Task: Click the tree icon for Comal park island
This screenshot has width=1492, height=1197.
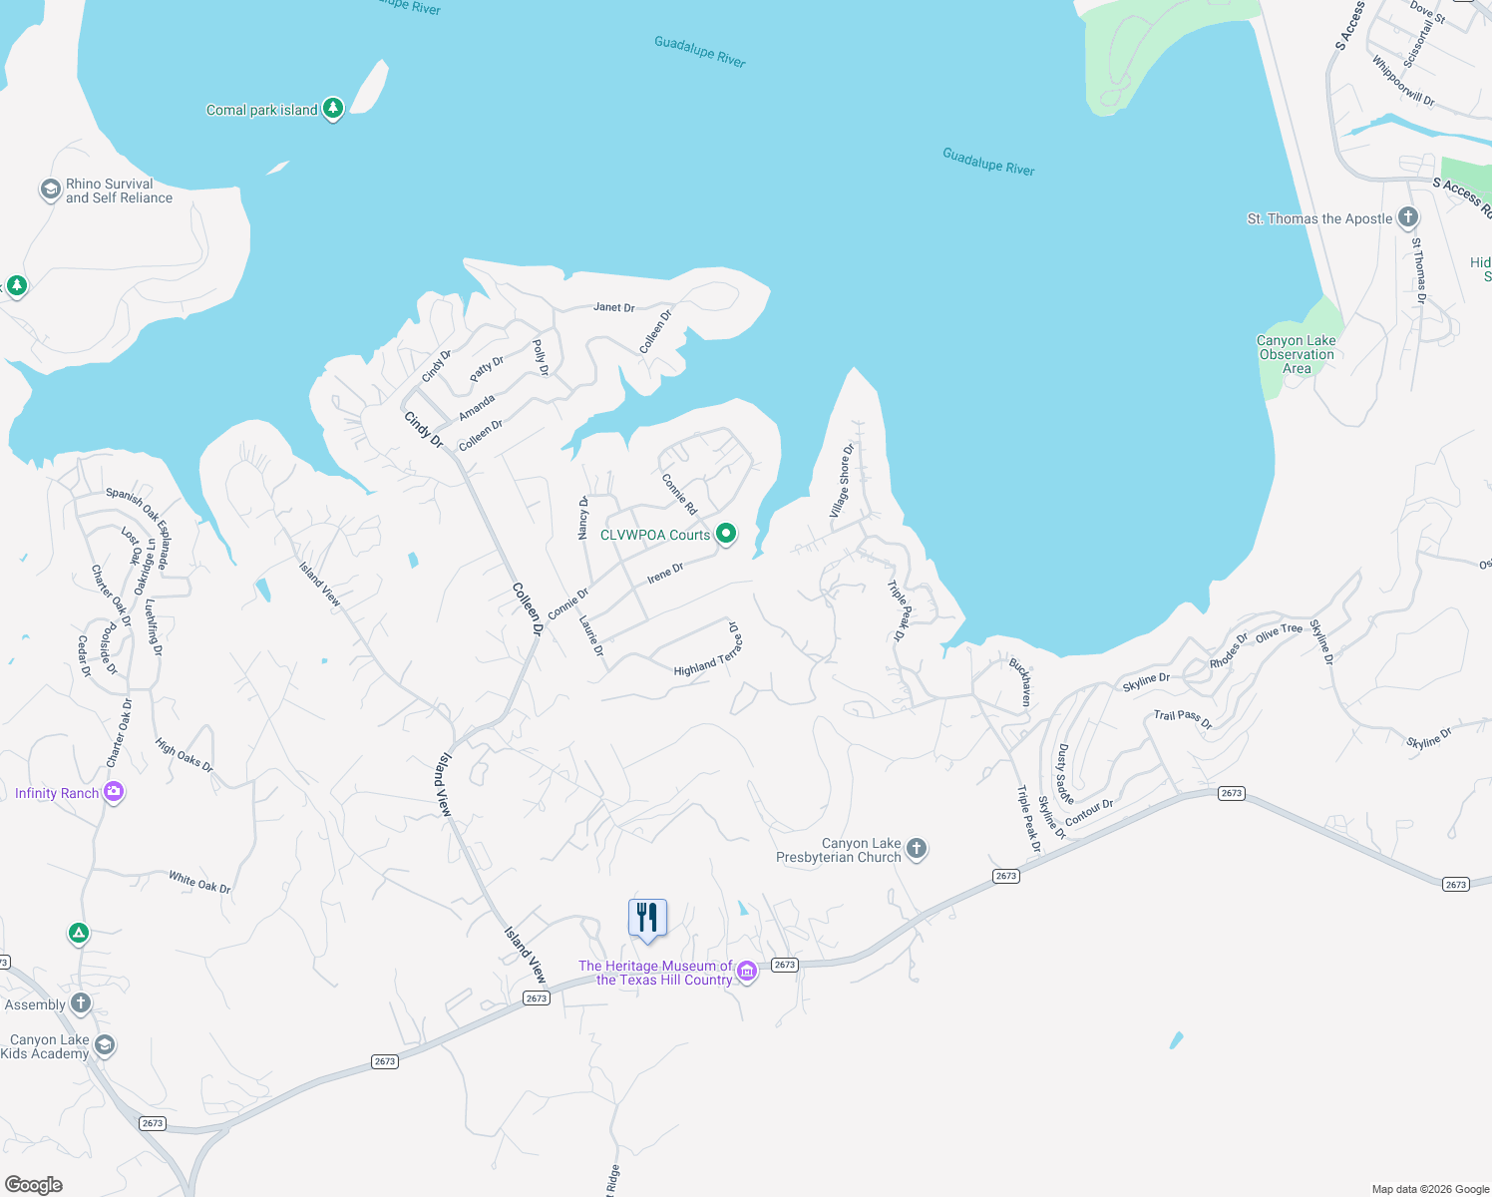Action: pos(333,109)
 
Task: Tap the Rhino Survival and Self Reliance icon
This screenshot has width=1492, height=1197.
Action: pos(50,190)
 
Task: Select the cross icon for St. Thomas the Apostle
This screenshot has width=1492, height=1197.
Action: pos(1407,217)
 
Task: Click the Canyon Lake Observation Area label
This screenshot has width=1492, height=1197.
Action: pos(1296,354)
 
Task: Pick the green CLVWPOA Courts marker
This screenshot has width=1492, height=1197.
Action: pos(726,534)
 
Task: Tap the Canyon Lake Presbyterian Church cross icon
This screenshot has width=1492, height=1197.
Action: pos(917,849)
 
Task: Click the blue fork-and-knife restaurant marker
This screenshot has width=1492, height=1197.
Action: pos(647,918)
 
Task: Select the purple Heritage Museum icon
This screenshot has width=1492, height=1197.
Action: pos(747,972)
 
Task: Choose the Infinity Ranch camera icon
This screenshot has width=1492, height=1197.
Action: pos(114,792)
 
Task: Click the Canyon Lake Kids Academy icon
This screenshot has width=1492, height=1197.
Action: pos(104,1045)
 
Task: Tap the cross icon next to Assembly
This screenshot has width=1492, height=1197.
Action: pos(81,1003)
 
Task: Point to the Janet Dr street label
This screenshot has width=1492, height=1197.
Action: pos(613,307)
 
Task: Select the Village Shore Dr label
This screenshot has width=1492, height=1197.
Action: pos(843,481)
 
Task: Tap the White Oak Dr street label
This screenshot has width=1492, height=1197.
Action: pos(199,882)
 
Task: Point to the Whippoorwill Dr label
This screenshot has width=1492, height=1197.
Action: pos(1402,80)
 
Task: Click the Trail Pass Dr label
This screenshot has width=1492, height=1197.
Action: pos(1183,718)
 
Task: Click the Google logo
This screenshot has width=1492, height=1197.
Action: pos(34,1184)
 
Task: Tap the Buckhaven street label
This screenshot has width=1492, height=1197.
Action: pos(1020,681)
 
